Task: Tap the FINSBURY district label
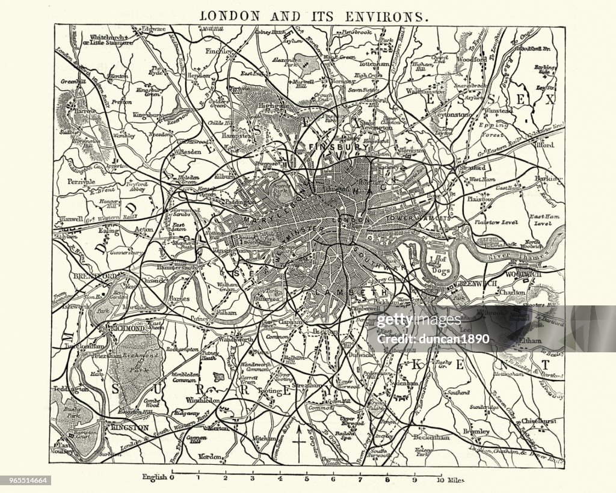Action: click(329, 146)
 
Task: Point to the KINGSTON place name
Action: click(129, 427)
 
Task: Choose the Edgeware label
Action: click(153, 29)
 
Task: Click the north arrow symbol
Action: click(298, 446)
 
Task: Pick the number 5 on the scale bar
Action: click(307, 479)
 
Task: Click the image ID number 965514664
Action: click(25, 480)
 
